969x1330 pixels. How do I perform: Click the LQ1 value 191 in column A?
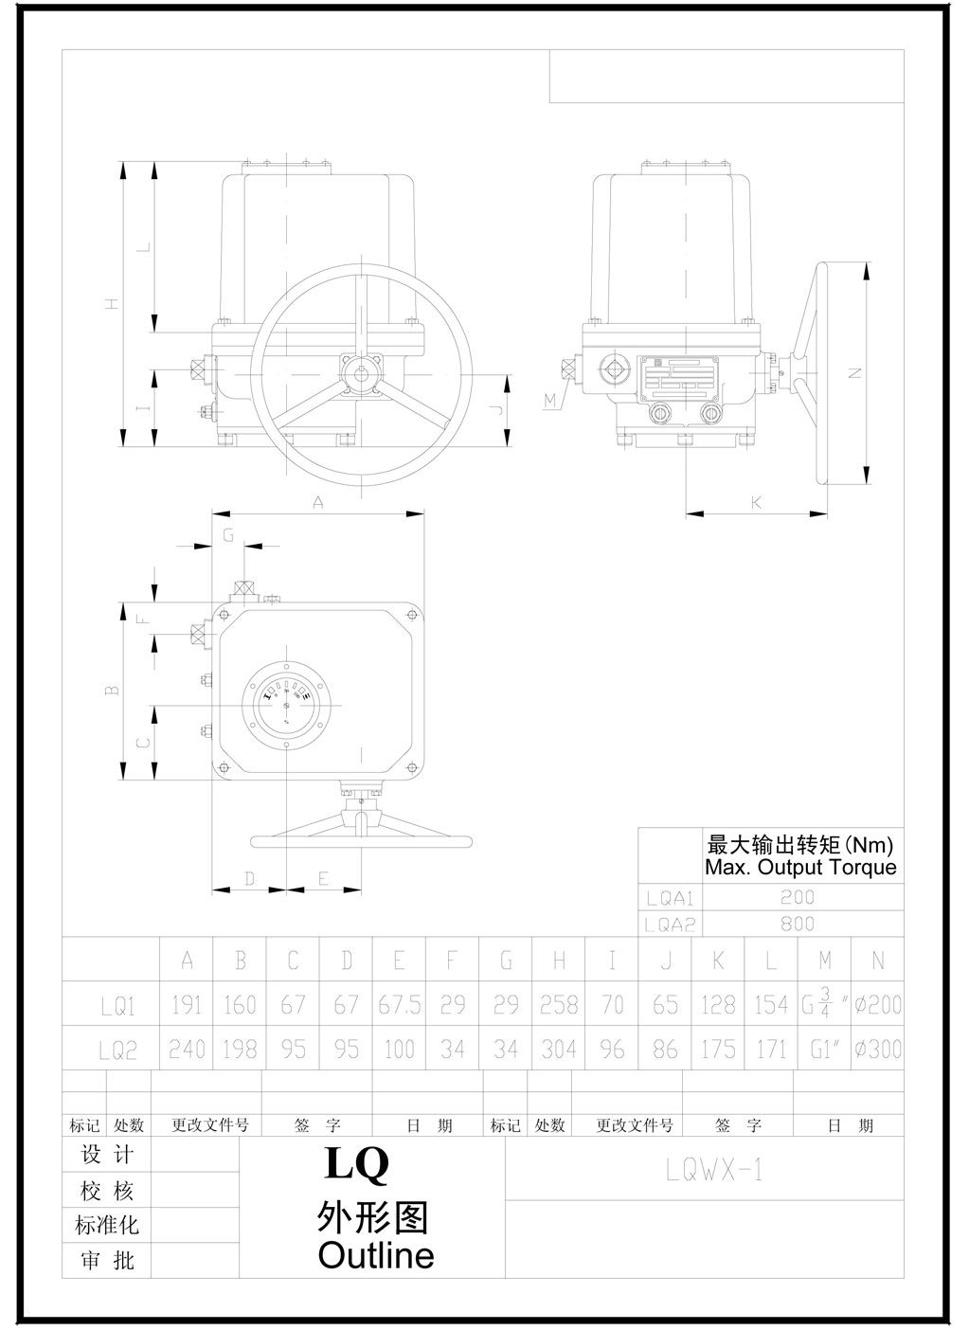click(187, 1004)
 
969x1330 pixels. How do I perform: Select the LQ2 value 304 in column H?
click(559, 1050)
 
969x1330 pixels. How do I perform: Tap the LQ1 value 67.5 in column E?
click(400, 1004)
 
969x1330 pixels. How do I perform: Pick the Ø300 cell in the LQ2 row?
click(877, 1050)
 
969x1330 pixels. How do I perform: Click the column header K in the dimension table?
click(719, 961)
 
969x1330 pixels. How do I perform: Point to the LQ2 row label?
click(119, 1051)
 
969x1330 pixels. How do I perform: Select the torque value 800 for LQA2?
click(798, 924)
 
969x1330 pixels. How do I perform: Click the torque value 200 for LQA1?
click(798, 897)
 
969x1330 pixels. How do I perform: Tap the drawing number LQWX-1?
click(714, 1172)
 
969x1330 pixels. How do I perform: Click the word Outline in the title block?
click(376, 1256)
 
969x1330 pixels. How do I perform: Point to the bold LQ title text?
click(356, 1164)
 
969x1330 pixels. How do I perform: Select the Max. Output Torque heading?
click(800, 867)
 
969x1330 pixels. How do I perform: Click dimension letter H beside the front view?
click(113, 304)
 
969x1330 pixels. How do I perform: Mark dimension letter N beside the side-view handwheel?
click(854, 373)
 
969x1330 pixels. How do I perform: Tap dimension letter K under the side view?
click(756, 503)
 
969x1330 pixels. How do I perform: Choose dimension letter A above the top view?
click(318, 503)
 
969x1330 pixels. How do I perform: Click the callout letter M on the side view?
click(550, 402)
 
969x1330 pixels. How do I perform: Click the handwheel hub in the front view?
click(362, 371)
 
